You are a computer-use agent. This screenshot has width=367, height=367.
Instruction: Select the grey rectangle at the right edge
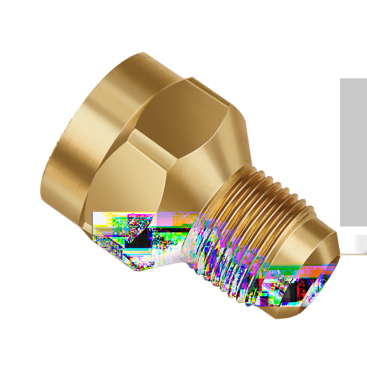coord(354,151)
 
